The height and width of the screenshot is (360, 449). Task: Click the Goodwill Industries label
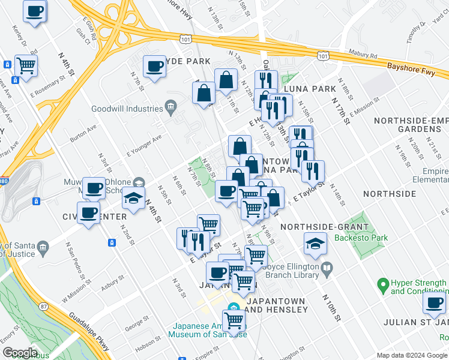[x=127, y=109]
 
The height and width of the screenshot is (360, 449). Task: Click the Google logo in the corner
[x=20, y=353]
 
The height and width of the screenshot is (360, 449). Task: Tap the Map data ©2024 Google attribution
[x=411, y=355]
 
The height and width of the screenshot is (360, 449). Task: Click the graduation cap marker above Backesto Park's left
[x=315, y=243]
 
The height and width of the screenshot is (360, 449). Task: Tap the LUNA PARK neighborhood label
[x=310, y=89]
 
